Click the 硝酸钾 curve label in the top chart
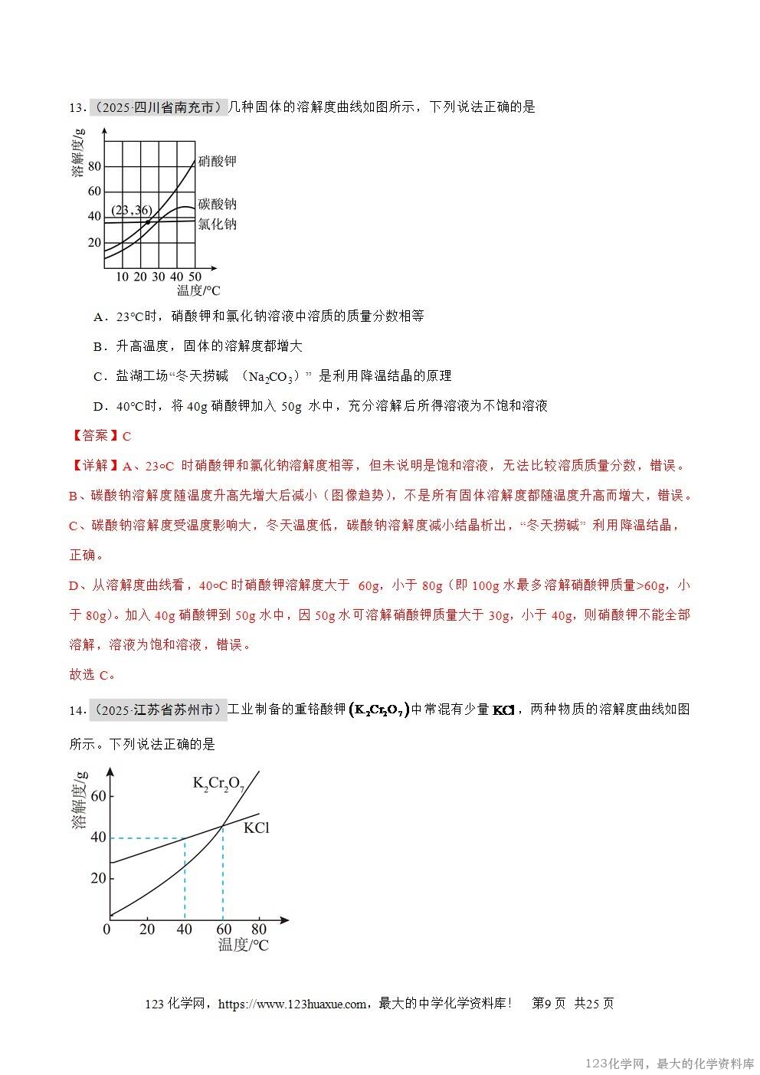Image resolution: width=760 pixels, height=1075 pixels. pos(217,161)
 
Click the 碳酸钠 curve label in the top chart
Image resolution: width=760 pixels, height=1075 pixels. pos(217,204)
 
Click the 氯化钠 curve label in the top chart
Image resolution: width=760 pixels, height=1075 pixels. pos(217,224)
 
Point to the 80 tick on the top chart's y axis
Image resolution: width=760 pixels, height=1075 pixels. pos(94,166)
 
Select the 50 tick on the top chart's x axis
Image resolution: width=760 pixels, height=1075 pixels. pos(195,277)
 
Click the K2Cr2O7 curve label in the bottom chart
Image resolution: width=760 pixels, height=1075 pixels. pos(218,784)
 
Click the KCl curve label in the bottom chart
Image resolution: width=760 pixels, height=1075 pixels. pos(257,828)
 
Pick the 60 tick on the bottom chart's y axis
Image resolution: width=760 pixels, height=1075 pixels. pos(98,796)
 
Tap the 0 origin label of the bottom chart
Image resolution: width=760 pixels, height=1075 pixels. pos(106,929)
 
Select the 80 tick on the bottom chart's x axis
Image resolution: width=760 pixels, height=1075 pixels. pos(258,929)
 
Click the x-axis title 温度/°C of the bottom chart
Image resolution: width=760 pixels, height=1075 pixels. pos(244,946)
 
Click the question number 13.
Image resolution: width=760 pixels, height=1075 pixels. pos(77,108)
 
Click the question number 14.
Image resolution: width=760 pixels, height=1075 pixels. pos(77,710)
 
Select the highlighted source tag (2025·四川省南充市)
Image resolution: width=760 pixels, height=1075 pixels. pos(159,107)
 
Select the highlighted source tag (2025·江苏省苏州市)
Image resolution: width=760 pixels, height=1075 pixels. pos(159,710)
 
